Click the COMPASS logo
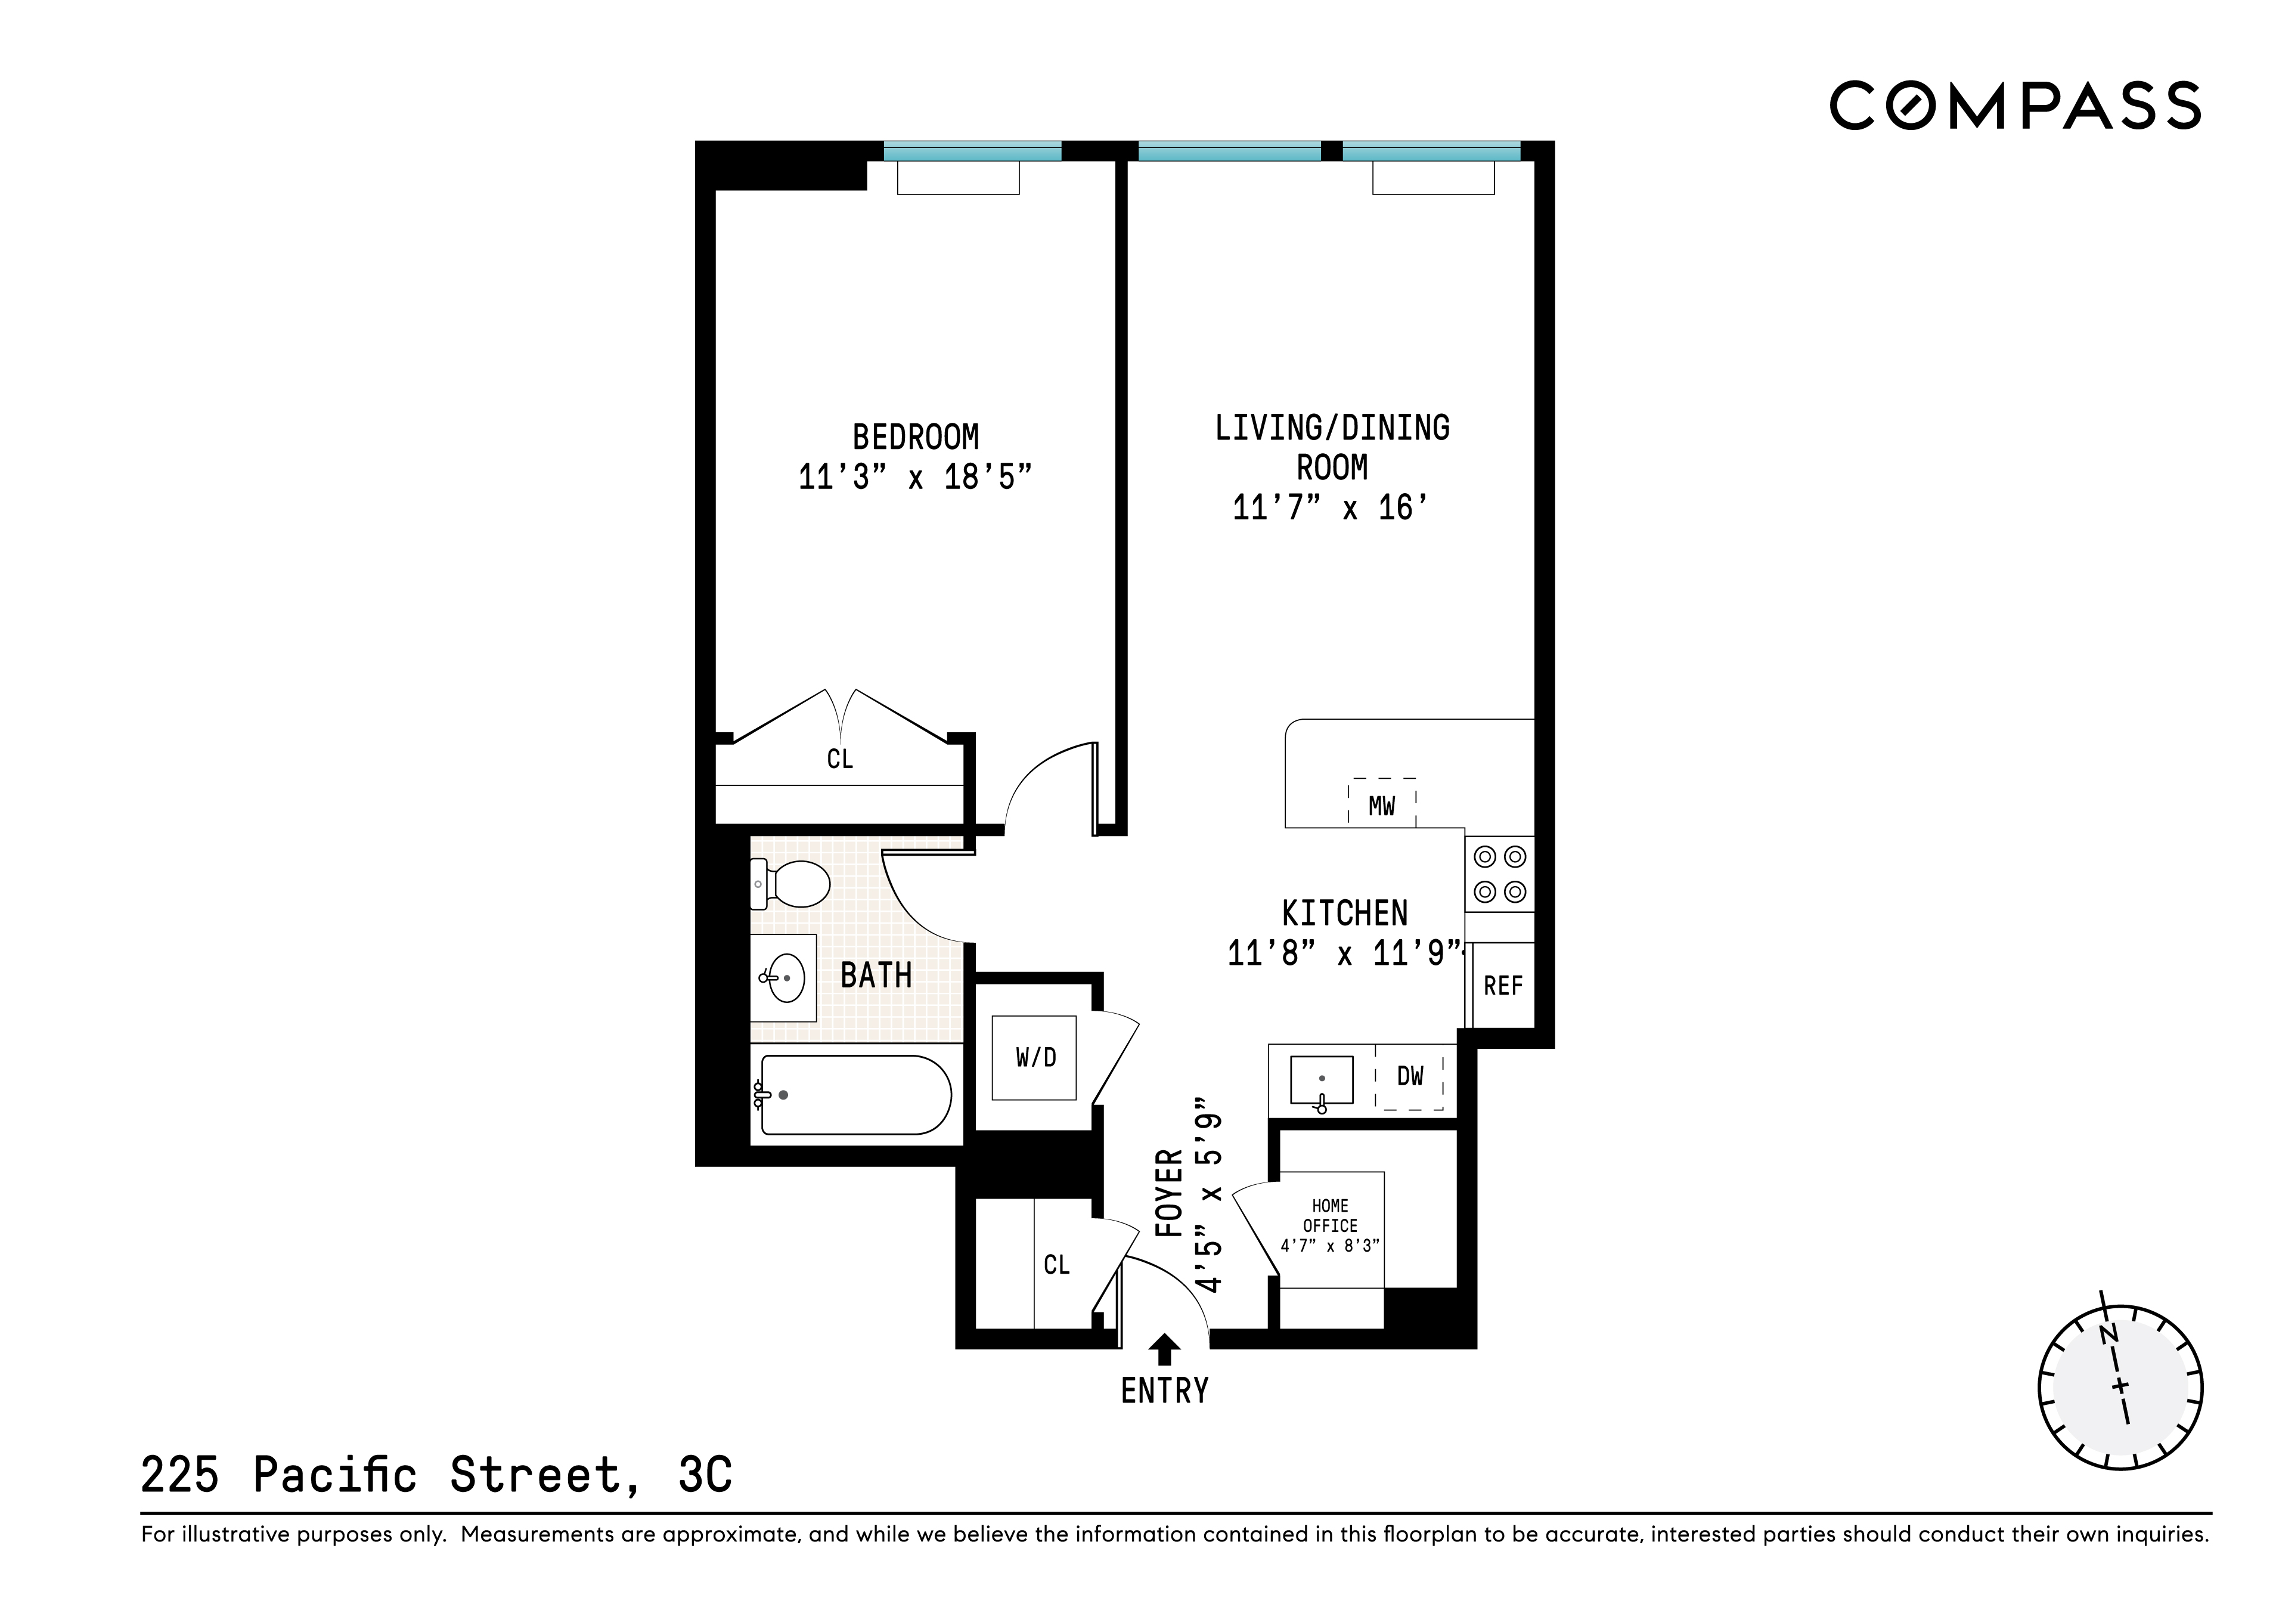pos(2014,106)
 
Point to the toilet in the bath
pos(792,883)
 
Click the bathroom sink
pos(784,977)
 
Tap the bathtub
pos(854,1094)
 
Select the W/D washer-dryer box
pos(1035,1058)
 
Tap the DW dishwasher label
pos(1410,1076)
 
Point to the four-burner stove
pos(1499,874)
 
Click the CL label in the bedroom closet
pos(839,760)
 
